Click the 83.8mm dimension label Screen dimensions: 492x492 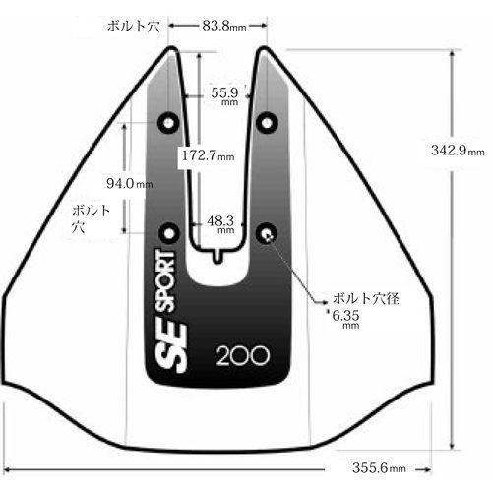[224, 26]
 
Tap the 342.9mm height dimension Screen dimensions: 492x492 [458, 151]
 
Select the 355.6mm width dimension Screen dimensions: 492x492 [379, 467]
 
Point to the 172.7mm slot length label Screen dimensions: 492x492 [208, 155]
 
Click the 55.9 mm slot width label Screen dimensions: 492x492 [224, 95]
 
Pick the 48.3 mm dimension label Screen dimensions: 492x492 [220, 224]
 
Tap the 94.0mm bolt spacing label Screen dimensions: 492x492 [130, 183]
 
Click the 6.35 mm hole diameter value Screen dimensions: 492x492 [345, 319]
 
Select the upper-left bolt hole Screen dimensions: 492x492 [168, 123]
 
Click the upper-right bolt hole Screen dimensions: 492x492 [267, 123]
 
